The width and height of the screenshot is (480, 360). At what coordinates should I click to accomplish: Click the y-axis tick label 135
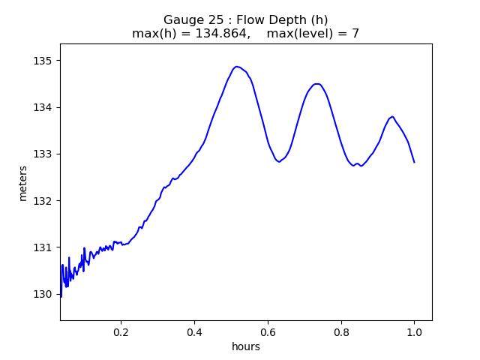coord(44,61)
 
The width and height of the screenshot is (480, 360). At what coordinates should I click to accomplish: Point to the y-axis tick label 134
coord(44,107)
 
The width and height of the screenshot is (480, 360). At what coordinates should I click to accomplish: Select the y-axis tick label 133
coord(44,154)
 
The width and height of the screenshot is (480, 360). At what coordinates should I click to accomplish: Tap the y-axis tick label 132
coord(44,200)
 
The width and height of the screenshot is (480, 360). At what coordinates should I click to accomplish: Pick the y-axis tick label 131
coord(44,247)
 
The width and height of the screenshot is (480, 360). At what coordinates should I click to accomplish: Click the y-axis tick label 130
coord(44,294)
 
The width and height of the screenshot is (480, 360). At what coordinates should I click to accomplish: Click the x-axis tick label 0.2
coord(121,331)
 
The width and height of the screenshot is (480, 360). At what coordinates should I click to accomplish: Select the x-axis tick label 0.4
coord(194,331)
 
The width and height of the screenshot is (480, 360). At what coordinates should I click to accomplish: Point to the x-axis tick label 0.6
coord(268,331)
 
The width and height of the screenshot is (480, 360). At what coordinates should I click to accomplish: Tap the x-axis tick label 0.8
coord(341,331)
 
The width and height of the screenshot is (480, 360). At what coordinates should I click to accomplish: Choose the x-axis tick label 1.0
coord(414,331)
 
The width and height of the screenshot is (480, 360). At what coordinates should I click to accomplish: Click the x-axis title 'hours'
coord(246,346)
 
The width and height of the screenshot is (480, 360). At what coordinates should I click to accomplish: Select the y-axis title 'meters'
coord(23,182)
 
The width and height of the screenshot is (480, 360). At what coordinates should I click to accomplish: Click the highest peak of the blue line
coord(237,67)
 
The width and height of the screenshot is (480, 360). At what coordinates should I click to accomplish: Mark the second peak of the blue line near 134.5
coord(316,84)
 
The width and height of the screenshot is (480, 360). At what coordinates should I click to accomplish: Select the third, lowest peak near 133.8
coord(392,116)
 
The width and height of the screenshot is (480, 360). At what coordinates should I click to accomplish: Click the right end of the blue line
coord(414,162)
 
